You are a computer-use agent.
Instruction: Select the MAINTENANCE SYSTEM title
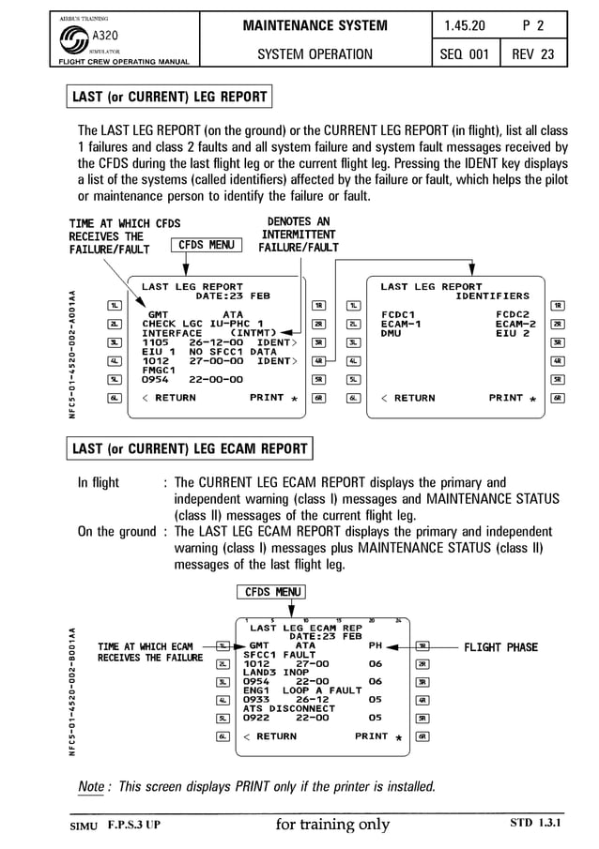pyautogui.click(x=315, y=25)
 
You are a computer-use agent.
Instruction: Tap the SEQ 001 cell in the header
pyautogui.click(x=464, y=54)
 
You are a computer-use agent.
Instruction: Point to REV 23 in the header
pyautogui.click(x=532, y=54)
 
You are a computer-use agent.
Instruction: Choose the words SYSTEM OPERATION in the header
pyautogui.click(x=315, y=54)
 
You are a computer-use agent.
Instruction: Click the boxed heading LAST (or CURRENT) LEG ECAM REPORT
pyautogui.click(x=190, y=448)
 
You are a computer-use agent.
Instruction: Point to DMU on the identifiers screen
pyautogui.click(x=392, y=333)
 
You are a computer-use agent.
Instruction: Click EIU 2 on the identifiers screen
pyautogui.click(x=513, y=333)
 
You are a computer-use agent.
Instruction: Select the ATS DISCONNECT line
pyautogui.click(x=288, y=708)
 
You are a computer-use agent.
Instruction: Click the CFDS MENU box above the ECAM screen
pyautogui.click(x=272, y=592)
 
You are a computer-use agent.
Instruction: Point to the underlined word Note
pyautogui.click(x=91, y=786)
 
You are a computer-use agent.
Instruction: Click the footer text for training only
pyautogui.click(x=332, y=826)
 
